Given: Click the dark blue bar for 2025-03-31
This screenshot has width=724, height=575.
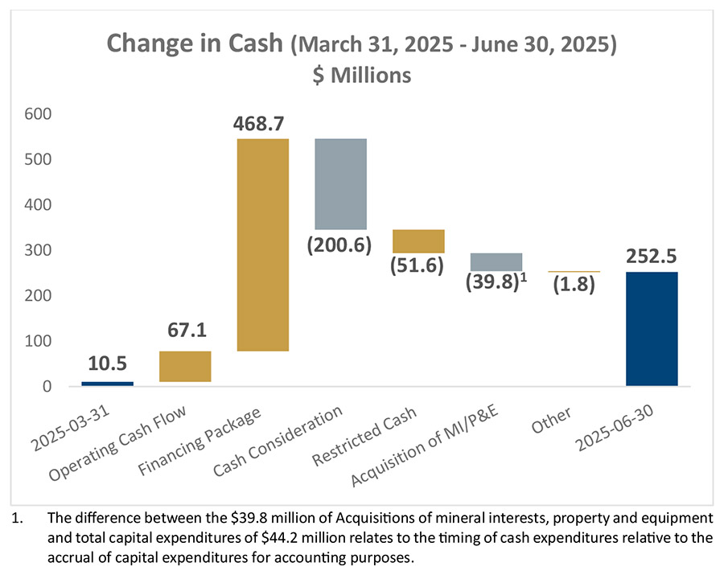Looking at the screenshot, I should point(107,384).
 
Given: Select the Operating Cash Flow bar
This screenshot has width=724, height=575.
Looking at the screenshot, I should point(185,366).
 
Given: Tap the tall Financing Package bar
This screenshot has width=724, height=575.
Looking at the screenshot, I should point(262,245).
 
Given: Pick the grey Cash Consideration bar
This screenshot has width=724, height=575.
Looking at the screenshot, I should point(340,184).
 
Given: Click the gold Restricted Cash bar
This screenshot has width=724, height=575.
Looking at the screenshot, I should point(418,241).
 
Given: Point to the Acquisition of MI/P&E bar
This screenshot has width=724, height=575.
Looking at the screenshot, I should point(496,261).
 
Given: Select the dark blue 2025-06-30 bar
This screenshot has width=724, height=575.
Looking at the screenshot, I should point(652,329).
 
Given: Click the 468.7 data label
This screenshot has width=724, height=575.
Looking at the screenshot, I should point(262,125).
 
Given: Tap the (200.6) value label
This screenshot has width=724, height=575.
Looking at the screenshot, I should point(339,244).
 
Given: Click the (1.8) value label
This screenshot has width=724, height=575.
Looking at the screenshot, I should point(574,284).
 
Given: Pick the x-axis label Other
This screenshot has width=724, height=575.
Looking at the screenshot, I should point(552,420).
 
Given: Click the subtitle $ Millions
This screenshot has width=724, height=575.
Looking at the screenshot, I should point(361,75).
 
